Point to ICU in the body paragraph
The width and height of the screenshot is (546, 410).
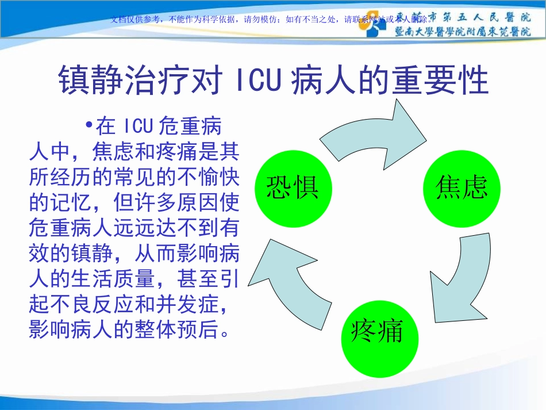pos(137,126)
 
